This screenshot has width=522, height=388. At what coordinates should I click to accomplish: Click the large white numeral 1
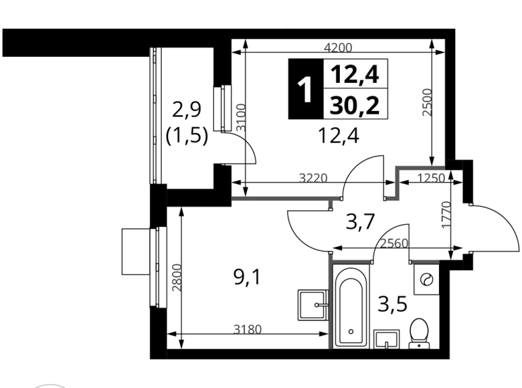[x=305, y=90]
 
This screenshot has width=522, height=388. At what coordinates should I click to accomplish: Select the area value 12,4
[x=355, y=74]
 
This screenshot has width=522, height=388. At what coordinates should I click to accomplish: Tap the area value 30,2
[x=355, y=105]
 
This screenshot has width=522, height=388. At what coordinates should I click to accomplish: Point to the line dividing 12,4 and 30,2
[x=355, y=88]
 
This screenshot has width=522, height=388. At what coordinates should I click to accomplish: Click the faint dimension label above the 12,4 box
[x=337, y=47]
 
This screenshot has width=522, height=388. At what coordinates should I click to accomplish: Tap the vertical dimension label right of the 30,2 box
[x=424, y=101]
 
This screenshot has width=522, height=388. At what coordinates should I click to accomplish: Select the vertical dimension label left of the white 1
[x=242, y=118]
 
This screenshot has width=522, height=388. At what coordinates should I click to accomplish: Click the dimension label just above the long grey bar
[x=314, y=177]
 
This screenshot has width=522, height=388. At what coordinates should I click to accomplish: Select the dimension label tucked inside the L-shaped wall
[x=431, y=178]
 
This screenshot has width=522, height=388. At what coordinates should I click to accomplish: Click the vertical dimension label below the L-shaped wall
[x=444, y=213]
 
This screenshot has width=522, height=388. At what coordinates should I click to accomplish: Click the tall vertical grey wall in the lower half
[x=329, y=301]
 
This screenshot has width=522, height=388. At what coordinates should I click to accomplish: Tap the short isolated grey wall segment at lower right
[x=426, y=261]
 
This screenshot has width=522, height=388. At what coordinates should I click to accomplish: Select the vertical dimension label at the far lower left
[x=176, y=278]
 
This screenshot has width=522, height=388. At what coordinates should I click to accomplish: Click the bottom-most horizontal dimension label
[x=246, y=327]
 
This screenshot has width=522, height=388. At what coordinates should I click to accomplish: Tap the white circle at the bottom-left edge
[x=50, y=385]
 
